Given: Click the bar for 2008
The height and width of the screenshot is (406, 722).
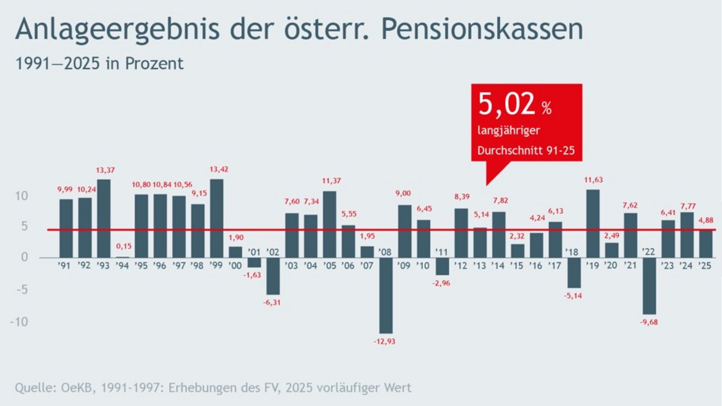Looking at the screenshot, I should tap(385, 295).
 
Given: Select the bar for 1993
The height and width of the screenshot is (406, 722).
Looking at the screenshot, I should tap(104, 219).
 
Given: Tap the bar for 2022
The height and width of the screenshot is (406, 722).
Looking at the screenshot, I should tap(649, 286).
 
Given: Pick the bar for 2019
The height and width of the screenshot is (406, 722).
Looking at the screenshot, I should tap(592, 224).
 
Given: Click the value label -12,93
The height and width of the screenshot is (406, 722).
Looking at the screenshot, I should tap(384, 341).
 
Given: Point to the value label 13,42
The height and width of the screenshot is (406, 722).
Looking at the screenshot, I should tap(219, 170).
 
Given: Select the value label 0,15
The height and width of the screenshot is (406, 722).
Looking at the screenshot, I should tap(124, 246).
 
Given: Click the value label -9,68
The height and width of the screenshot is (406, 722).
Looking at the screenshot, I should tap(649, 322).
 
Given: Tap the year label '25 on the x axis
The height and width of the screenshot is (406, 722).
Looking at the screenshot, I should tap(705, 266).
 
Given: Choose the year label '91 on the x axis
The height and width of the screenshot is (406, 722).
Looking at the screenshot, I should tap(65, 266).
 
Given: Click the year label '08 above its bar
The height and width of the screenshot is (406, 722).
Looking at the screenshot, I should tap(385, 252).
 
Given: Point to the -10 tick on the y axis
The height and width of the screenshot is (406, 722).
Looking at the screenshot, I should tap(19, 322).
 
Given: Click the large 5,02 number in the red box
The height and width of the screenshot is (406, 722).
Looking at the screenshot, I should tap(506, 104).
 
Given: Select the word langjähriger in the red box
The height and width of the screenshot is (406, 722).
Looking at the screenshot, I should tap(509, 131).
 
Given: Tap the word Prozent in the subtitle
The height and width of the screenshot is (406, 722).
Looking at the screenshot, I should tap(154, 64).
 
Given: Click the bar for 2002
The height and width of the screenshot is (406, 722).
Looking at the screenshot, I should tap(273, 276).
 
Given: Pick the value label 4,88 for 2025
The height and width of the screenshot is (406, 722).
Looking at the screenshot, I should tap(706, 220).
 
